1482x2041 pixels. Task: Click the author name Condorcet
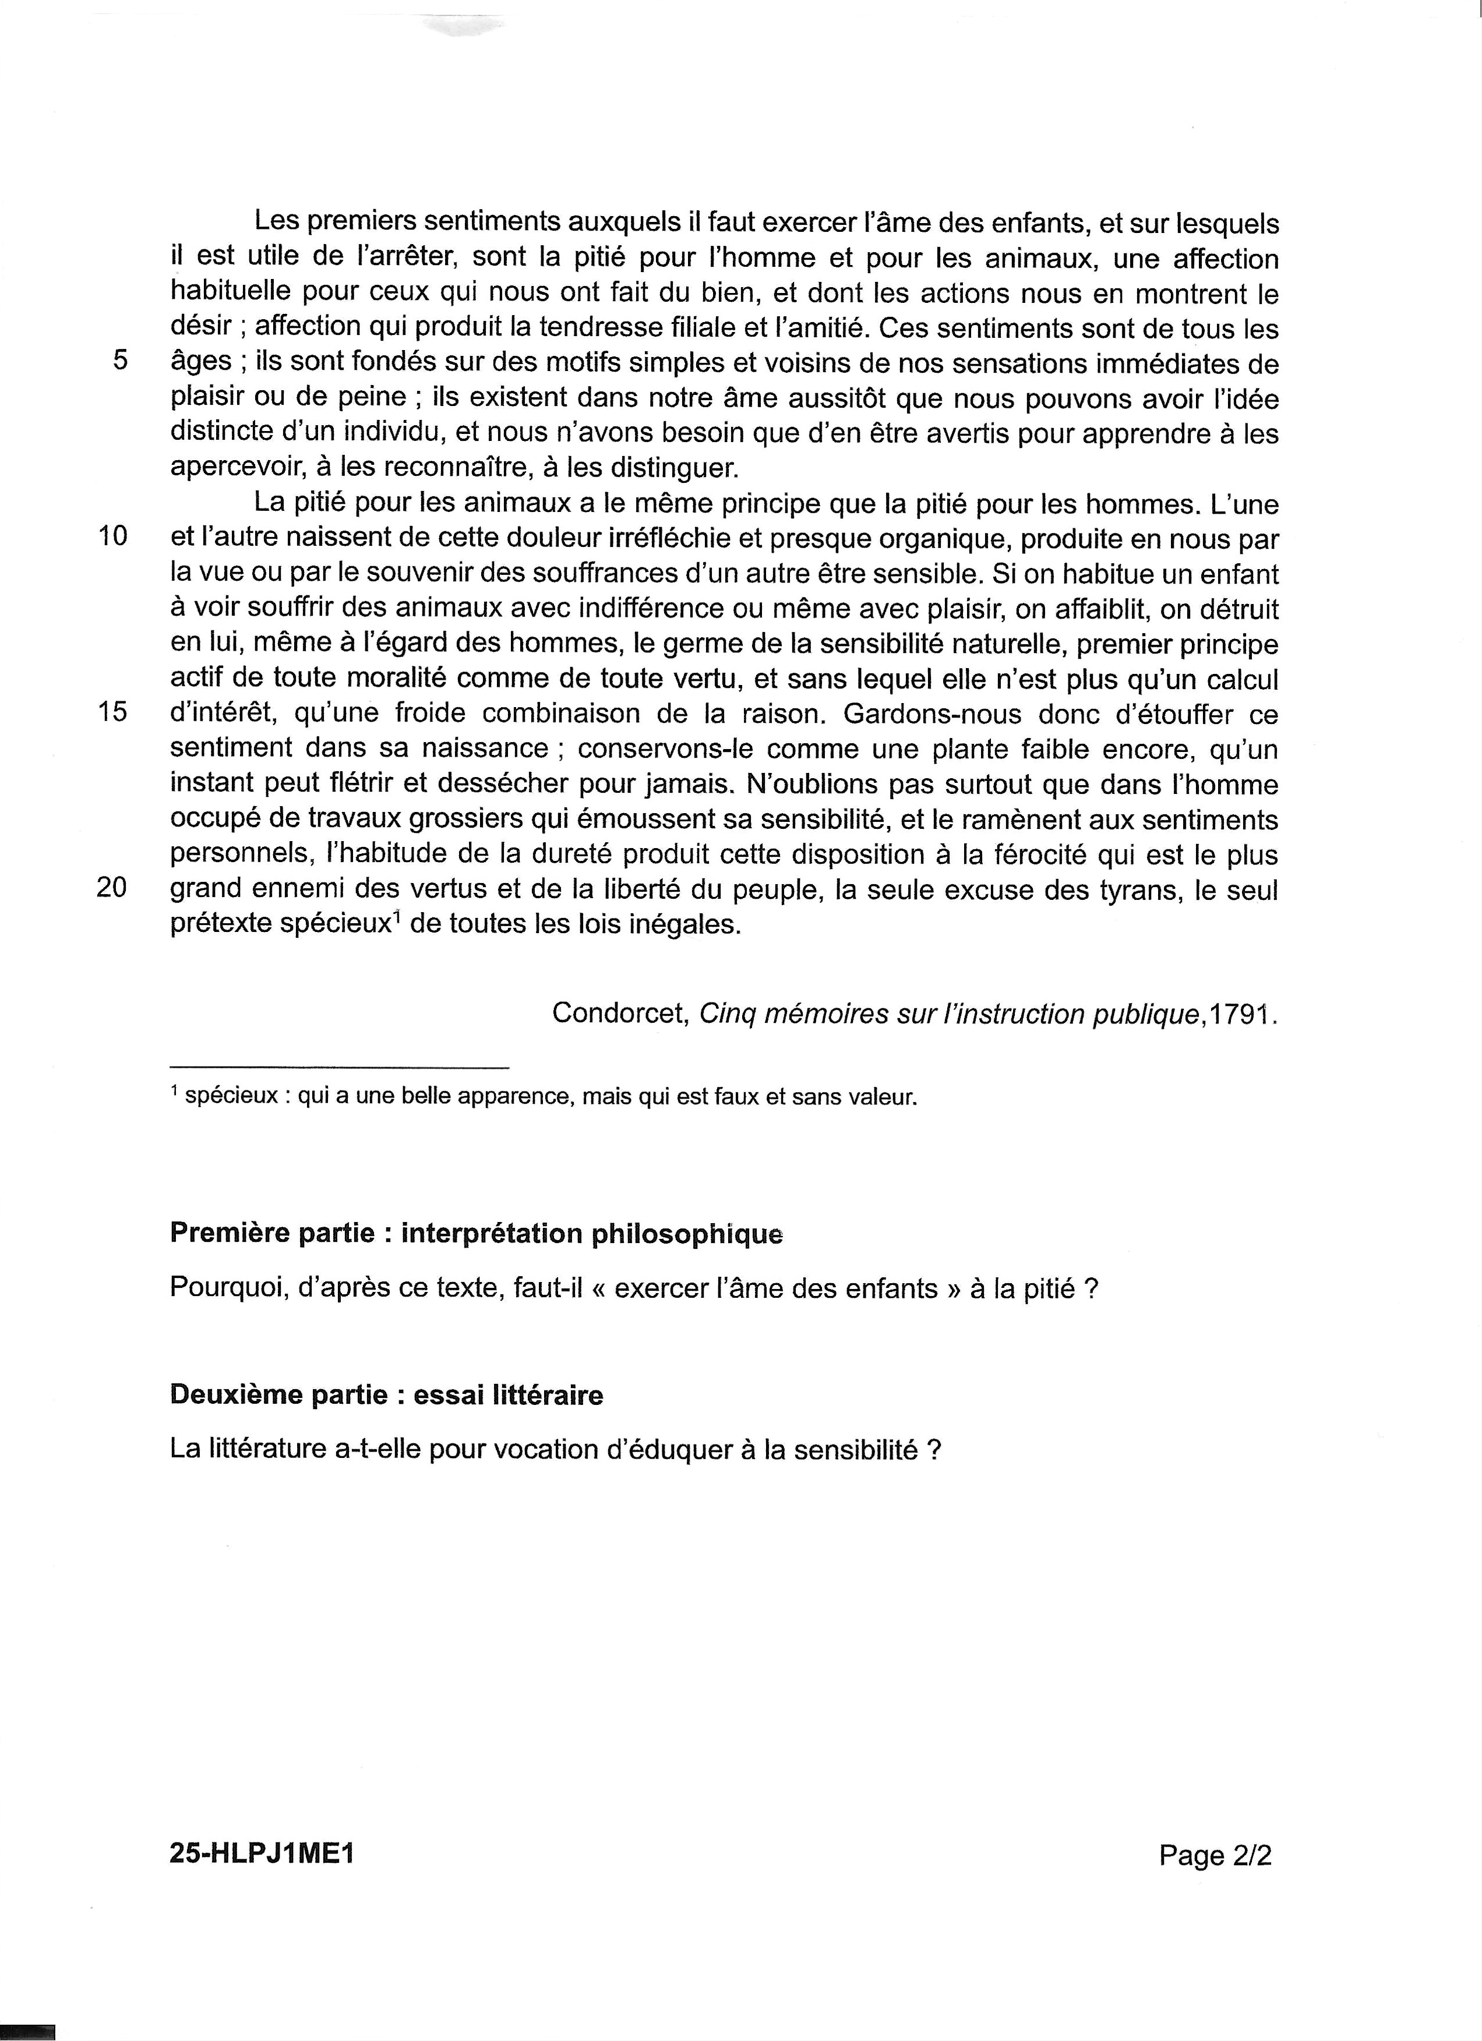(620, 1014)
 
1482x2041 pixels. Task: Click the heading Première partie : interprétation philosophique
(476, 1233)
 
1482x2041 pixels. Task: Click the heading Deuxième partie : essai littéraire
(386, 1395)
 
